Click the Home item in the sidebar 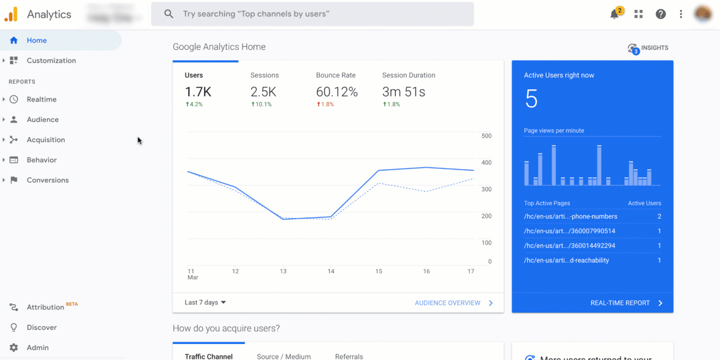click(x=36, y=40)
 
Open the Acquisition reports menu click(x=45, y=140)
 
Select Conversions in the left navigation click(x=47, y=180)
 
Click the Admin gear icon click(x=14, y=347)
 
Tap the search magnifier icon click(x=169, y=14)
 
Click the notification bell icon click(x=614, y=14)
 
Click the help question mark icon click(x=660, y=14)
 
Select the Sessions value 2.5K click(x=263, y=92)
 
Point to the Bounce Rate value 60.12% click(x=336, y=92)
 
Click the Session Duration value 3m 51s click(x=403, y=92)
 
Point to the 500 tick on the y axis click(x=486, y=136)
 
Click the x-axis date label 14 click(x=330, y=271)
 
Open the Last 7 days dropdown click(x=205, y=302)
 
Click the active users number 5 click(x=531, y=99)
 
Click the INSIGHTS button click(x=648, y=48)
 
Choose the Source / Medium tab click(x=283, y=356)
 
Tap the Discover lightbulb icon click(x=14, y=327)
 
